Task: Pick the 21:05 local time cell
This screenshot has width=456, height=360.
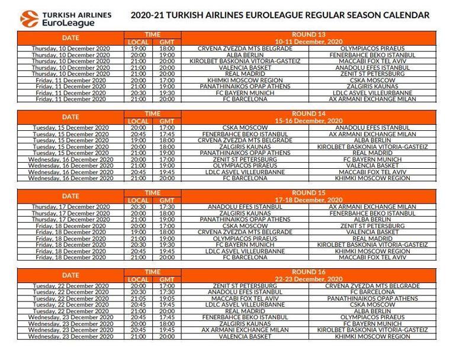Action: pos(139,298)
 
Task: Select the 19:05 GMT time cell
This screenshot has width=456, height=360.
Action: pos(168,298)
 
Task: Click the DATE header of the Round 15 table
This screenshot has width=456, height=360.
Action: pos(70,196)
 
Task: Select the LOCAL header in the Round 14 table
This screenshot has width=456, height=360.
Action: pos(139,121)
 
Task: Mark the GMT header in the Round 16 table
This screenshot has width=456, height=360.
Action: pos(168,279)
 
